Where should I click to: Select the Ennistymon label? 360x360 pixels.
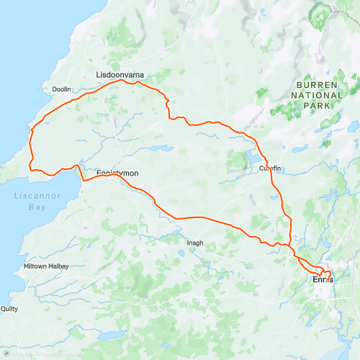coord(117,174)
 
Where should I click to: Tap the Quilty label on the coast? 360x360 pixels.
coord(9,308)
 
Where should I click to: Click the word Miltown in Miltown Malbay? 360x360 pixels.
coord(37,266)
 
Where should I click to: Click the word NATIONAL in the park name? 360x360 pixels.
coord(317,95)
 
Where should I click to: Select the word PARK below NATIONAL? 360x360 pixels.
coord(317,105)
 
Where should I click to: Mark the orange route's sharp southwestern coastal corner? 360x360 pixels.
coord(30,168)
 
